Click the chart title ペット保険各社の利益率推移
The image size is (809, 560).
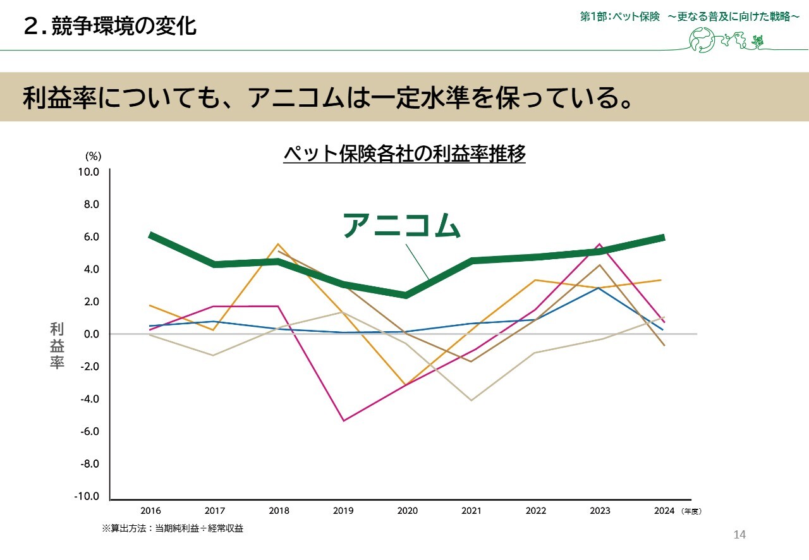tap(404, 154)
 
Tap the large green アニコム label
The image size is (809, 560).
tap(401, 226)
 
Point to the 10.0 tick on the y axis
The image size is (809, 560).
tap(89, 172)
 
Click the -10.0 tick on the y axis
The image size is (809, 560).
tap(87, 496)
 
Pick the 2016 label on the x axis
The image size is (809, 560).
tap(150, 511)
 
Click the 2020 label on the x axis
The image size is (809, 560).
tap(407, 511)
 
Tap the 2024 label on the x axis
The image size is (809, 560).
tap(664, 511)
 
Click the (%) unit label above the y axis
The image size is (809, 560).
tap(93, 155)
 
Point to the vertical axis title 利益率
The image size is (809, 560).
tap(58, 346)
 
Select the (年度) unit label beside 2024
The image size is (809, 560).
tap(691, 511)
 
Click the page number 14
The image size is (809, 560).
tap(739, 535)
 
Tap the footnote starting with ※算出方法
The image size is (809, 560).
tap(173, 528)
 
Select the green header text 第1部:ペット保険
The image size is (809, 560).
tap(619, 17)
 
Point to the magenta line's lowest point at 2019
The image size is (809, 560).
tap(343, 420)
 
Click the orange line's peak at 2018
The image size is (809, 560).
tap(279, 244)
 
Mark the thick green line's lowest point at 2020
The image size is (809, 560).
tap(407, 295)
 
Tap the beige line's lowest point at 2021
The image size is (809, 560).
tap(471, 400)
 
